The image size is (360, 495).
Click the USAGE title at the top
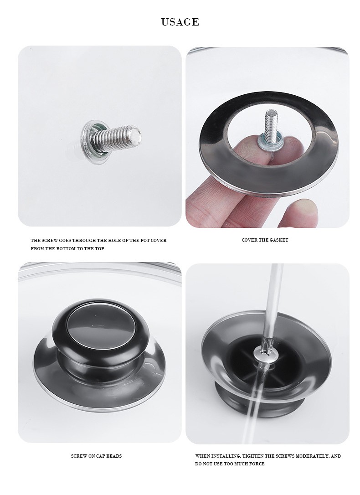pyautogui.click(x=180, y=22)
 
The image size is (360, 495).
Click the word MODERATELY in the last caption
pyautogui.click(x=312, y=456)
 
